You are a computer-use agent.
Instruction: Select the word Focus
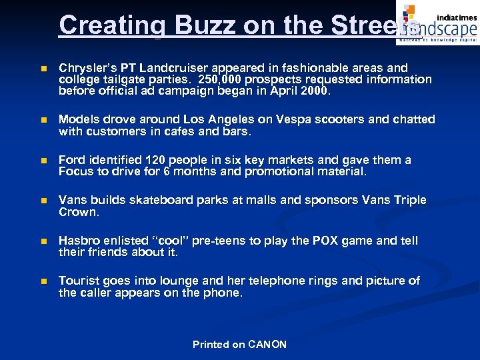(77, 171)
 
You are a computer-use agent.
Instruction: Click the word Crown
(78, 212)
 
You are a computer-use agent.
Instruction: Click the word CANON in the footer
(267, 345)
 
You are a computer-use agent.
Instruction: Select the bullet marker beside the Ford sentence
(43, 161)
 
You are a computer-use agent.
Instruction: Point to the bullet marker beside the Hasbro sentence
(43, 241)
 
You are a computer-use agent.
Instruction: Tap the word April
(281, 91)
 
